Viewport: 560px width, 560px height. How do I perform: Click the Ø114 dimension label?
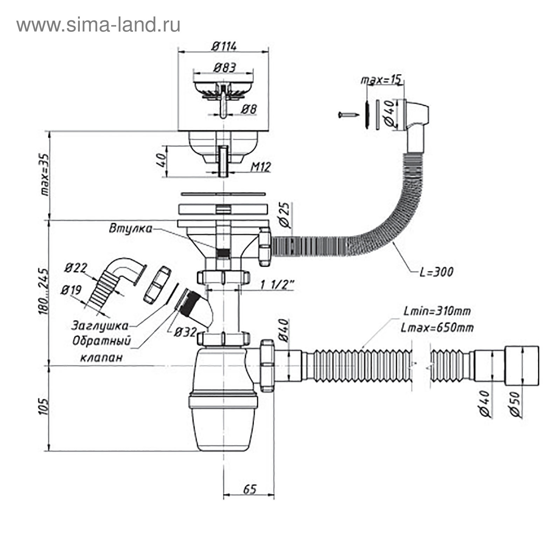[x=224, y=46]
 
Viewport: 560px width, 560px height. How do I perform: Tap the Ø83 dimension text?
[x=224, y=67]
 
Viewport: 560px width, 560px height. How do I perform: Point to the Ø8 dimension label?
[x=249, y=110]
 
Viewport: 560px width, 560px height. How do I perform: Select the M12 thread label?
[x=260, y=167]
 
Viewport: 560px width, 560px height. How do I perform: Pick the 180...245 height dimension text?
[x=44, y=290]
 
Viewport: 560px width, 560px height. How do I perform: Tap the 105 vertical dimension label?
[x=44, y=406]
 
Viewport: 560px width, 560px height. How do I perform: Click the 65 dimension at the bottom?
[x=249, y=489]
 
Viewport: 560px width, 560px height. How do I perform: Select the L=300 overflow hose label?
[x=436, y=272]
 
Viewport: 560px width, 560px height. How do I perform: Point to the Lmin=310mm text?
[x=437, y=310]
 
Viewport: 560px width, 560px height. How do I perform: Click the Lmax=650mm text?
[x=437, y=328]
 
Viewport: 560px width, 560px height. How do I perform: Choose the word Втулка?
[x=131, y=229]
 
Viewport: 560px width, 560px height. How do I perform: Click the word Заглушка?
[x=100, y=325]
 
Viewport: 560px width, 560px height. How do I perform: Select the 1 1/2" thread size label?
[x=276, y=285]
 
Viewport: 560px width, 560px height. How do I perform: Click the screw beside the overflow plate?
[x=349, y=114]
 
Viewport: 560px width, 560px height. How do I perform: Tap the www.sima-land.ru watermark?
[x=98, y=25]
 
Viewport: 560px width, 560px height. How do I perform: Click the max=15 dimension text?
[x=381, y=80]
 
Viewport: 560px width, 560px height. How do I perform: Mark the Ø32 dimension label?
[x=185, y=332]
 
